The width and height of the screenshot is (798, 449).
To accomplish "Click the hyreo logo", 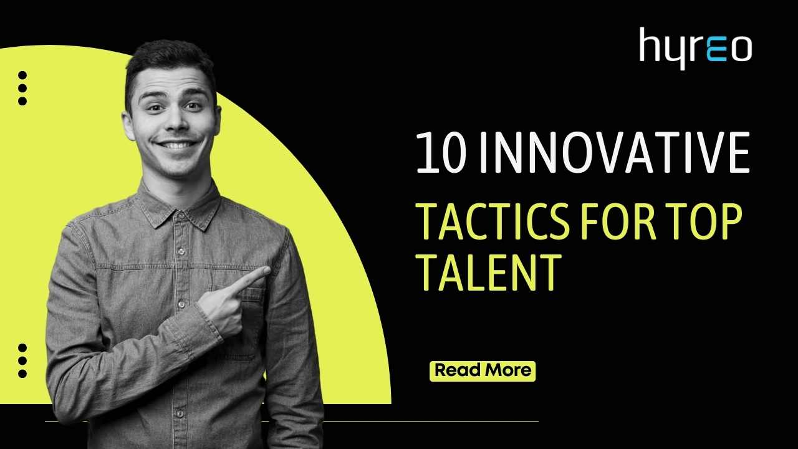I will click(695, 47).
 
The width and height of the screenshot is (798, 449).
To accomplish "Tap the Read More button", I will click(483, 370).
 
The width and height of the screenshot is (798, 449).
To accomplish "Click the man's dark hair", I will click(168, 59).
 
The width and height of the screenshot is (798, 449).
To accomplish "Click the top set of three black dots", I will click(22, 88).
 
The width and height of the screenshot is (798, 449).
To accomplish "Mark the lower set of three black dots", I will click(22, 360).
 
